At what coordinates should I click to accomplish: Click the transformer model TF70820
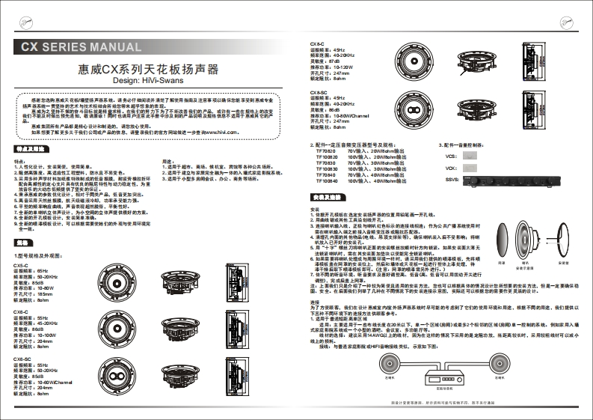click(328, 150)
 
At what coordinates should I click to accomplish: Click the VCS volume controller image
click(470, 156)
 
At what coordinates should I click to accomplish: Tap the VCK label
click(450, 169)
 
